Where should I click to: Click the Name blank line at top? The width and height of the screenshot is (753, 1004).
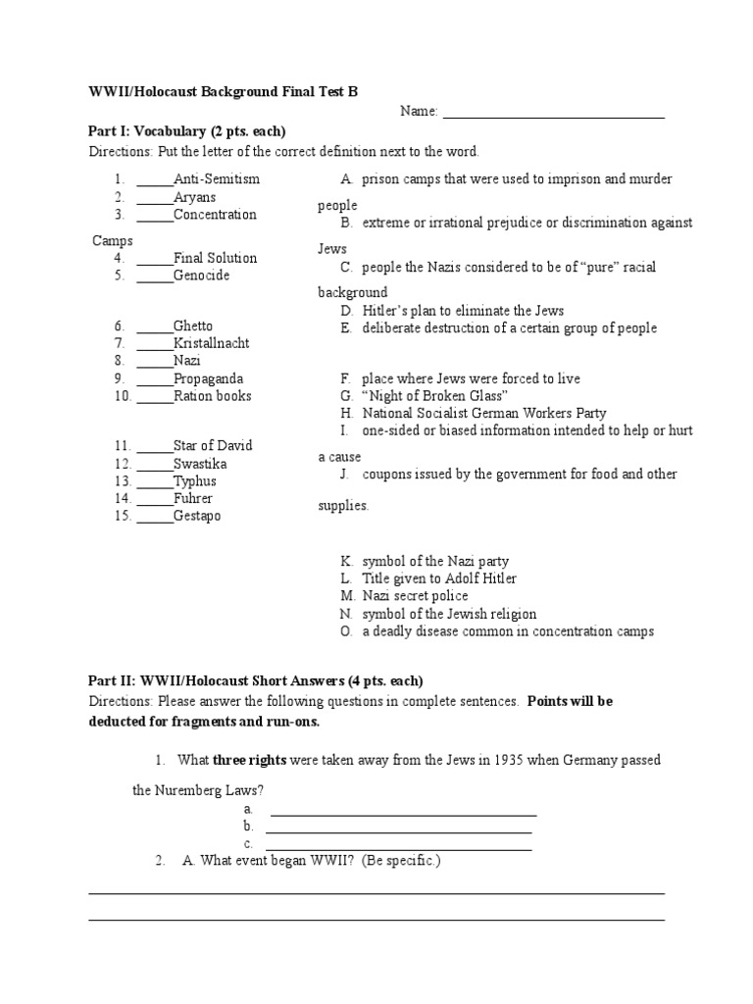(x=554, y=115)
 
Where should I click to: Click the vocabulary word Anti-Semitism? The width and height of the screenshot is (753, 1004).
(x=217, y=179)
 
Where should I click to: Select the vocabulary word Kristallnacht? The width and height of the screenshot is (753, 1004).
(x=211, y=343)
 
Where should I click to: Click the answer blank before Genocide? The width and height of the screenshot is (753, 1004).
(x=155, y=276)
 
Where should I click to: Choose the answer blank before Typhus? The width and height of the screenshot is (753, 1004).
(x=155, y=481)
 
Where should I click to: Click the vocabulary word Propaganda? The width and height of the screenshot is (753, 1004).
(x=209, y=378)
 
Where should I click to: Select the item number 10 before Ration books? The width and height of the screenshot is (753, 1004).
(x=122, y=396)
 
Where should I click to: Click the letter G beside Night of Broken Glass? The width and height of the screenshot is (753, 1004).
(x=346, y=395)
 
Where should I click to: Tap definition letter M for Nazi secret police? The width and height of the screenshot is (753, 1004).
(x=347, y=596)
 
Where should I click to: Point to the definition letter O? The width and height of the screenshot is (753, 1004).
(x=346, y=631)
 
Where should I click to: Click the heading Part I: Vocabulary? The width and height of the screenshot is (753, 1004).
(x=187, y=131)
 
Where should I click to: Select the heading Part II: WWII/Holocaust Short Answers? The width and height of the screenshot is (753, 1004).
(x=256, y=680)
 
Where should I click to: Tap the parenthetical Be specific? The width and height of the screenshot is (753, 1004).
(x=401, y=861)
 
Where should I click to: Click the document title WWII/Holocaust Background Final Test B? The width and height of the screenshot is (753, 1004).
(x=224, y=91)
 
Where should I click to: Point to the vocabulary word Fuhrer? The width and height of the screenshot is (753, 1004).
(x=193, y=498)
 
